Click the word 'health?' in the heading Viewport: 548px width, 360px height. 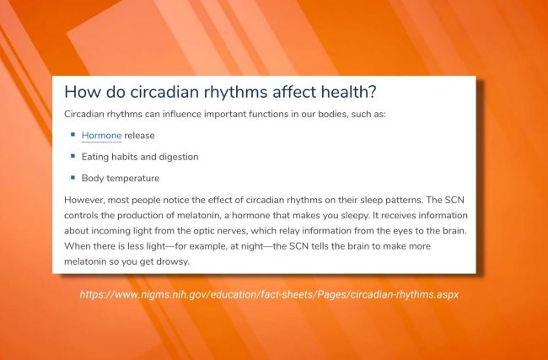tap(348, 92)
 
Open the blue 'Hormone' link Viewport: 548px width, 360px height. tap(102, 136)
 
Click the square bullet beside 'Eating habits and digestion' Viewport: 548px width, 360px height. tap(73, 155)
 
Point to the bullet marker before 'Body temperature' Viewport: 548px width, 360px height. tap(73, 177)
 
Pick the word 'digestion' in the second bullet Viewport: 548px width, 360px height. tap(179, 157)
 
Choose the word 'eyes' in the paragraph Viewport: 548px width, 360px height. tap(403, 231)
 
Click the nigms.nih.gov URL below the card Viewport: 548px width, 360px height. tap(269, 294)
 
